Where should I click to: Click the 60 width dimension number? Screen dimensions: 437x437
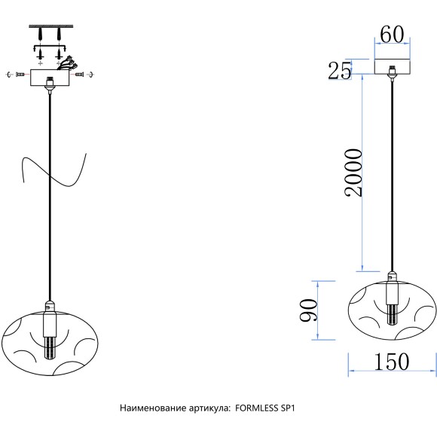(392, 35)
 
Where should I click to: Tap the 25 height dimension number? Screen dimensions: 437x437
(340, 71)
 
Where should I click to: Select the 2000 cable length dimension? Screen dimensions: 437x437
(353, 173)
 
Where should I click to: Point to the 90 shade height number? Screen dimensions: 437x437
(308, 310)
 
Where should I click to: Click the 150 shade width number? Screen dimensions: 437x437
(391, 362)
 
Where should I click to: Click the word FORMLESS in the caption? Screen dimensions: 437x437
(256, 408)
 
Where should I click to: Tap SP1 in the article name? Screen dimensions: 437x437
(287, 408)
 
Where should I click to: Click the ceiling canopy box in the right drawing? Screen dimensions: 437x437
(392, 66)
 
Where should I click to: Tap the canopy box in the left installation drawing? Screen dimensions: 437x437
(50, 78)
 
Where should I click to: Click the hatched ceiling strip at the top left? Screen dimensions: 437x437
(51, 26)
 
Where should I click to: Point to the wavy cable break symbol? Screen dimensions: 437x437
(54, 170)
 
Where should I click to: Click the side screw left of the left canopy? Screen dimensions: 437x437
(20, 75)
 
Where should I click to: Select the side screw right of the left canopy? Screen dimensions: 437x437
(80, 75)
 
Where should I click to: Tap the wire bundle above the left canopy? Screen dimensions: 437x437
(68, 63)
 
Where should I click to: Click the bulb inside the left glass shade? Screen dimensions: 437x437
(50, 348)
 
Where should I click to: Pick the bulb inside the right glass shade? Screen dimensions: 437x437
(392, 314)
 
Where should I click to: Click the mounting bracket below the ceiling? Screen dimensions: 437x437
(49, 47)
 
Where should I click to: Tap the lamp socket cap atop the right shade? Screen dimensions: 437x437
(392, 276)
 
